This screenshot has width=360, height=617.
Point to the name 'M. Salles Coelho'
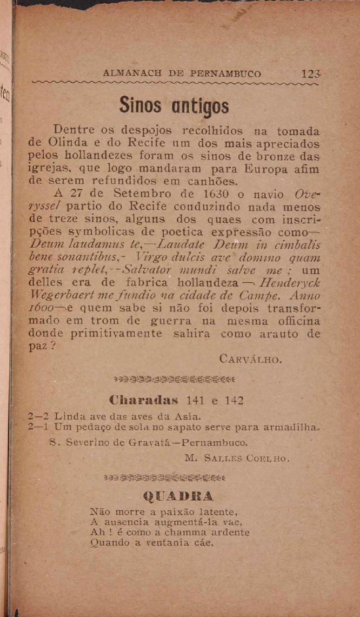pyautogui.click(x=237, y=459)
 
